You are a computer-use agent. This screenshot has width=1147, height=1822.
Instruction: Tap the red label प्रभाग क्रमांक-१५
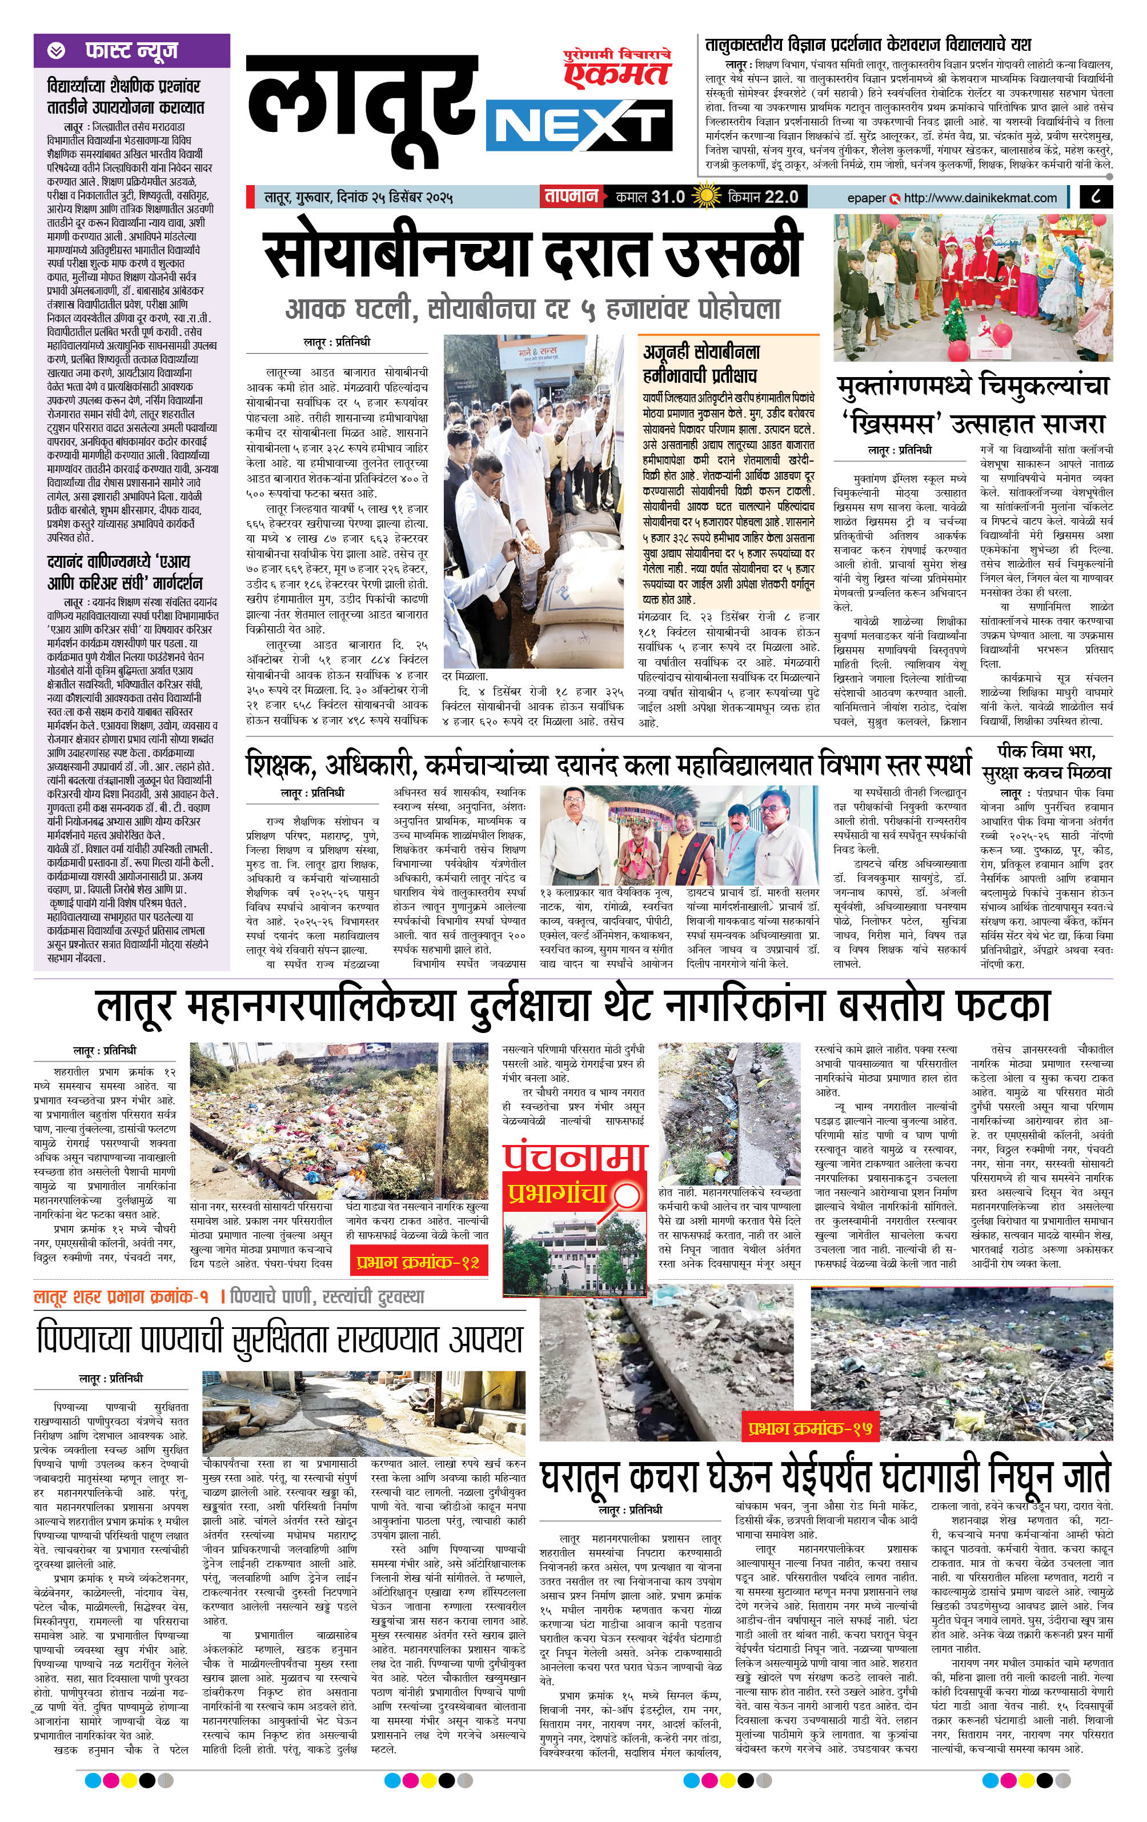(x=811, y=1428)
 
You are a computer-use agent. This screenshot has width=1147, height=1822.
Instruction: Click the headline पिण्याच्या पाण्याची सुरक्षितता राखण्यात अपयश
(x=280, y=1339)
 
